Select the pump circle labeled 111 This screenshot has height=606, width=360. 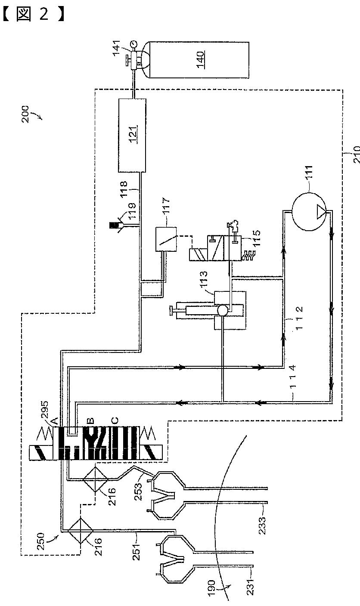[306, 210]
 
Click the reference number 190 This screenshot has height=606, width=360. [211, 593]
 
